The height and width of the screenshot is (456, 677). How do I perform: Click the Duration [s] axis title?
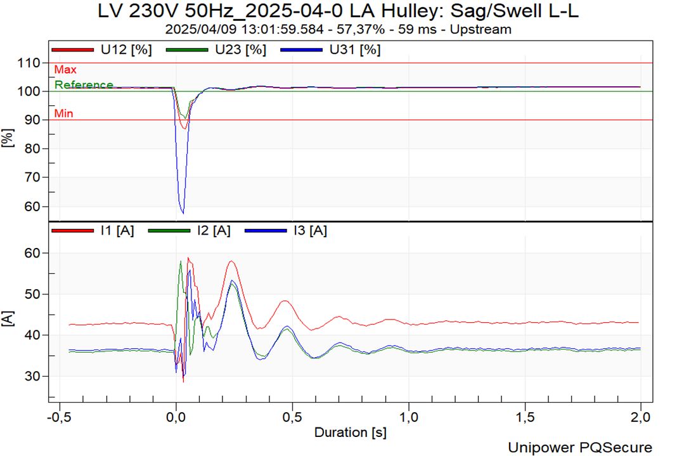coord(350,433)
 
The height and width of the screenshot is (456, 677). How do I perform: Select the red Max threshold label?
coord(65,70)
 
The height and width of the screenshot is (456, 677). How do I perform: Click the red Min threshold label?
coord(63,114)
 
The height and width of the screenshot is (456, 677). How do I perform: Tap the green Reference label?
coord(84,84)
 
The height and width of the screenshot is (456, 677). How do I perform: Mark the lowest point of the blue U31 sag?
coord(183,212)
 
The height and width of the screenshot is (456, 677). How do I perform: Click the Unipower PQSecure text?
coord(579,447)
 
